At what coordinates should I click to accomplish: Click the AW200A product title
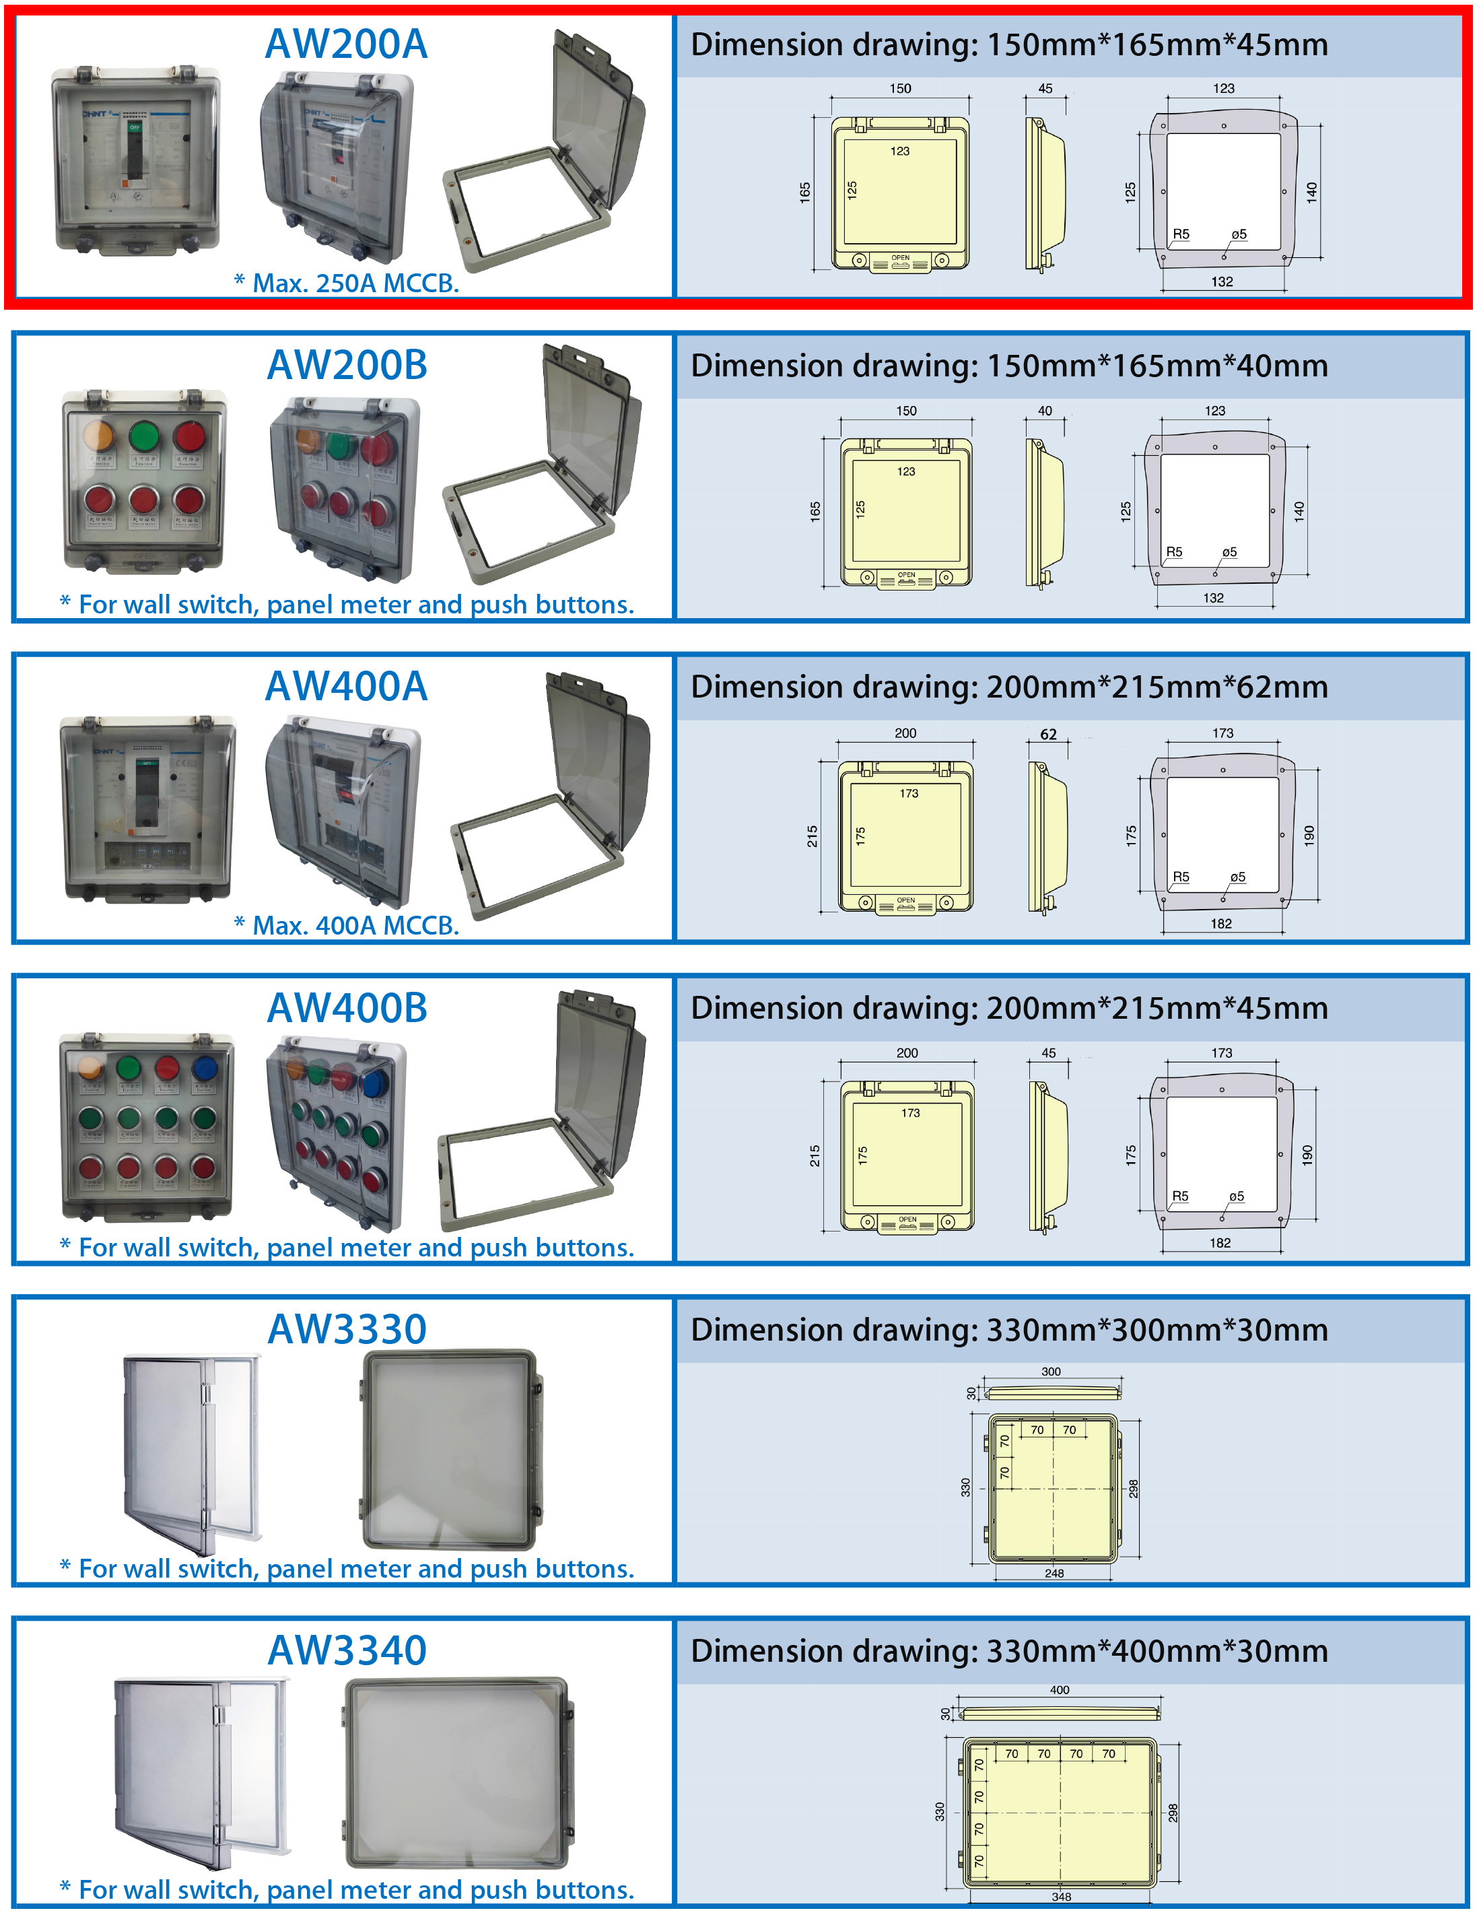(x=346, y=44)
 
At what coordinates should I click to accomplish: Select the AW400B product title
(x=346, y=1008)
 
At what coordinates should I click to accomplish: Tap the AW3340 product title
(x=346, y=1650)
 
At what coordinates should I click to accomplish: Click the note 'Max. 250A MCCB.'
(x=347, y=283)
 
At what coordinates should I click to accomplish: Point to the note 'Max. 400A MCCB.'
(x=347, y=925)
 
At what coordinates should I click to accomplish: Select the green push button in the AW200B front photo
(x=143, y=436)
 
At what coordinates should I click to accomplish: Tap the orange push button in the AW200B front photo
(x=98, y=436)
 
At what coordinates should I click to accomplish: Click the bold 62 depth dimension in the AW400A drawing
(x=1048, y=735)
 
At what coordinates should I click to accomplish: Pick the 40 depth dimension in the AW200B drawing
(x=1044, y=410)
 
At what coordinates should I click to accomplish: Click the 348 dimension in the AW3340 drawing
(x=1061, y=1896)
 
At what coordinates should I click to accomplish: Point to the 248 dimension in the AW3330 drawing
(x=1054, y=1573)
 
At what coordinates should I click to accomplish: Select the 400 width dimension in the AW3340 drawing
(x=1060, y=1689)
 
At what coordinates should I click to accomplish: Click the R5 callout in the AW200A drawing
(x=1181, y=234)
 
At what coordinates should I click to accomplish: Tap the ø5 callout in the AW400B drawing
(x=1236, y=1196)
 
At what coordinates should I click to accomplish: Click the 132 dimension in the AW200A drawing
(x=1222, y=282)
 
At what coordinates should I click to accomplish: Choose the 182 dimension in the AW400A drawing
(x=1221, y=923)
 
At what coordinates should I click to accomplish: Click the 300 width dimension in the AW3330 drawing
(x=1051, y=1372)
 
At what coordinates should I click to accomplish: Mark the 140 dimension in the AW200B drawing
(x=1299, y=510)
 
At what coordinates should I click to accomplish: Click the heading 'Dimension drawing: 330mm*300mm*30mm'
(x=1008, y=1329)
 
